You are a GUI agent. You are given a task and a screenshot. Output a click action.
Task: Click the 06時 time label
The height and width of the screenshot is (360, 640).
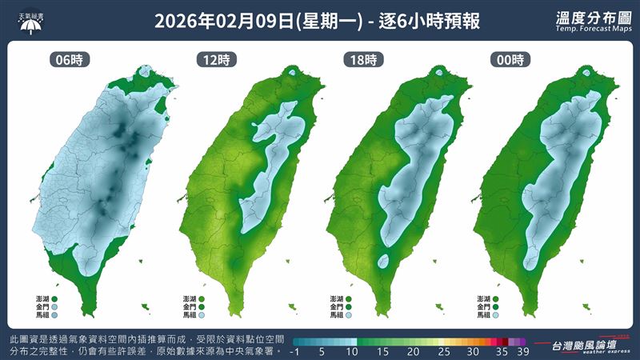tap(68, 59)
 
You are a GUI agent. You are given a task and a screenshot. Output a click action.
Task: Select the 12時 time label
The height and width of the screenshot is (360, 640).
tap(210, 59)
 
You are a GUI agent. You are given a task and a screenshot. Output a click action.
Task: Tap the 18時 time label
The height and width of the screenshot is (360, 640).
tap(359, 59)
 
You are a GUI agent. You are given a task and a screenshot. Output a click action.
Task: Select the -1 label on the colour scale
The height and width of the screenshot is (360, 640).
tap(295, 350)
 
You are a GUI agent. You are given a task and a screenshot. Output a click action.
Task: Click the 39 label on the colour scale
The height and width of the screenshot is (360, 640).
tap(522, 350)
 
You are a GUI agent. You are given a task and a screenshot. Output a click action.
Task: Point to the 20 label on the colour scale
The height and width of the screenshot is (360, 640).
tap(413, 350)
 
